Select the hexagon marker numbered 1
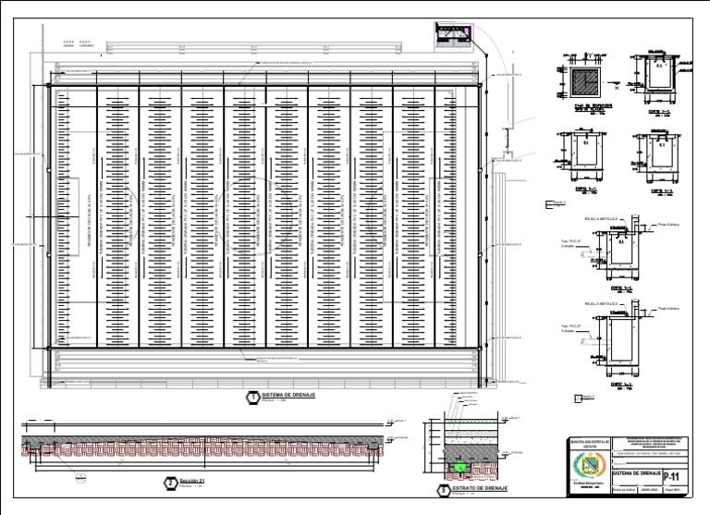251,397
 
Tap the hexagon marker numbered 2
170,483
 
